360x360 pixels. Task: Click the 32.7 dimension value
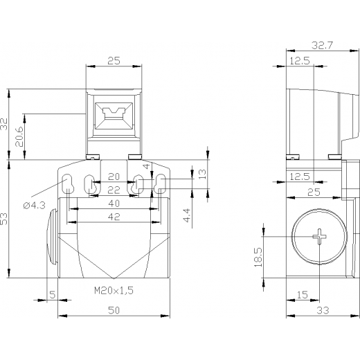coord(323,45)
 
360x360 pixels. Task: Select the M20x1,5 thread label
coord(114,290)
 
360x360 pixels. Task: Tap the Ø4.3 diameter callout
coord(35,205)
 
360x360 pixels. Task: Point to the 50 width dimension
coord(114,310)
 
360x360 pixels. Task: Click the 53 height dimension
coord(4,219)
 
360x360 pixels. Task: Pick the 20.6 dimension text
coord(19,136)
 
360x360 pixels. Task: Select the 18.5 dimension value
coord(258,257)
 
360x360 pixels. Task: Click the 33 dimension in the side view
coord(323,310)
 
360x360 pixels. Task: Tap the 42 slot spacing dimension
coord(114,217)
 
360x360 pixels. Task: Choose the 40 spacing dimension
coord(114,204)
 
